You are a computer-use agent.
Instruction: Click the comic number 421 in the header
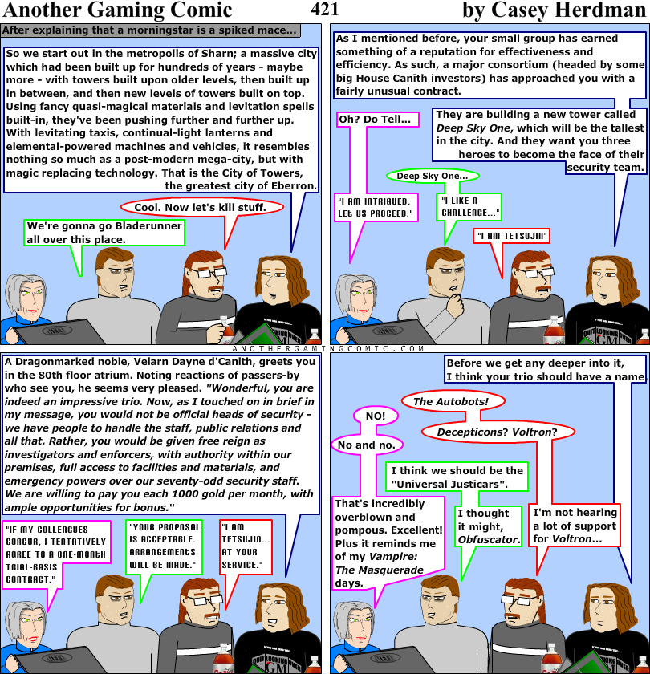point(324,10)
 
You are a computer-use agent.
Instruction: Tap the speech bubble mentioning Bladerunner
point(104,233)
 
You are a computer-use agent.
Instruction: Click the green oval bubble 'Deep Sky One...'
point(433,176)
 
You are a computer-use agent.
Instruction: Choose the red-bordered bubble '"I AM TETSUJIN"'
point(511,236)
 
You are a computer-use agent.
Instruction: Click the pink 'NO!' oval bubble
point(376,416)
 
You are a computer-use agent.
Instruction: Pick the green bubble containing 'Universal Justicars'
point(457,477)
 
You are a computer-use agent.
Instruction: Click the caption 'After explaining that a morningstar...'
point(150,31)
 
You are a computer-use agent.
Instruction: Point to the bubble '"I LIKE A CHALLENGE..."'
point(469,207)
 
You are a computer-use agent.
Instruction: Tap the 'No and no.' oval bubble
point(366,445)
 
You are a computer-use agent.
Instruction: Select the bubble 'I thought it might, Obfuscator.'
point(488,526)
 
